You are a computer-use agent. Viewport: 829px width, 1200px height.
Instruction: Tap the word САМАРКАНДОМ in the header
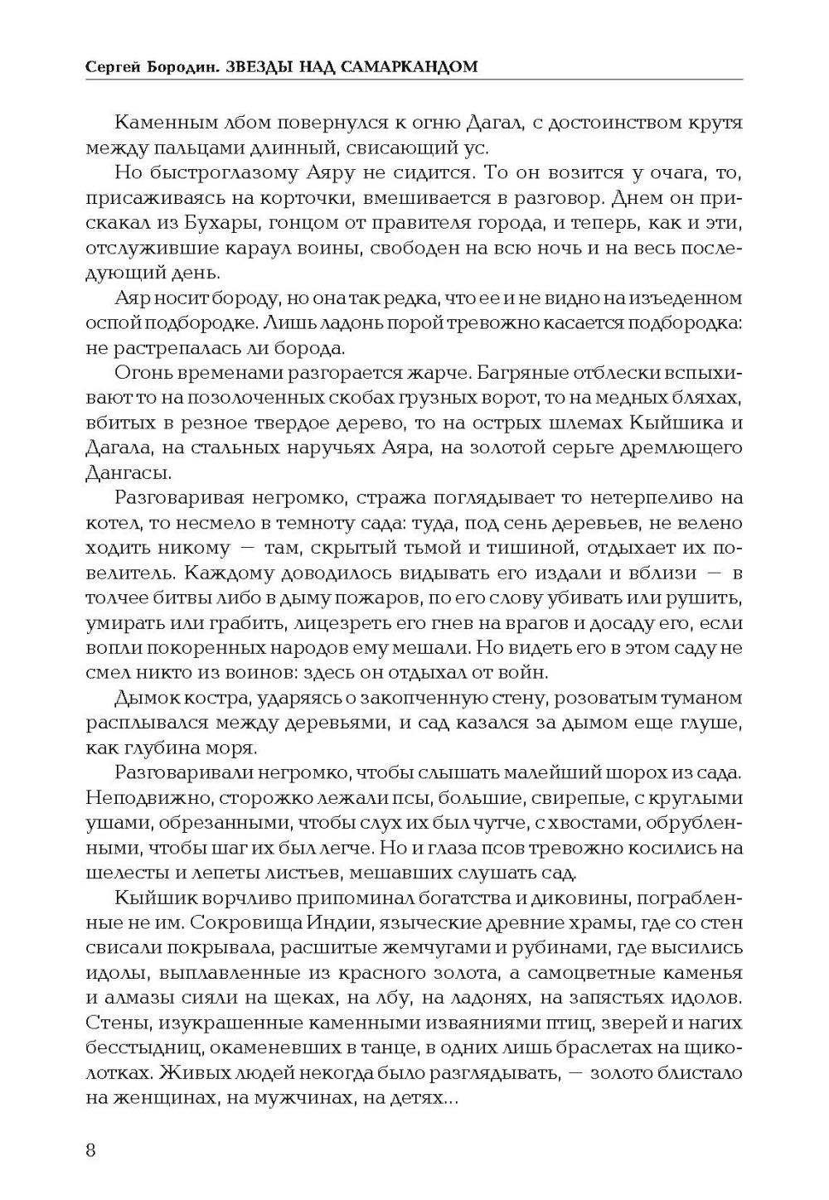[x=411, y=66]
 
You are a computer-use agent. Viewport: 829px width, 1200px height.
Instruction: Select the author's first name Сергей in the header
[x=113, y=66]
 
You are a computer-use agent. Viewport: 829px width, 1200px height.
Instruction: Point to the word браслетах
[x=617, y=1048]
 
